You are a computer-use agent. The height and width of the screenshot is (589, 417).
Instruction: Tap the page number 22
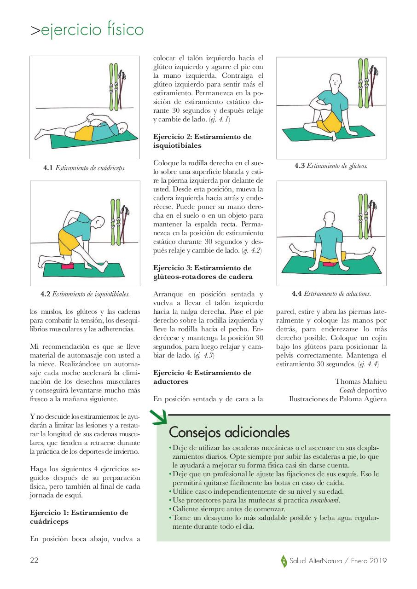coord(34,560)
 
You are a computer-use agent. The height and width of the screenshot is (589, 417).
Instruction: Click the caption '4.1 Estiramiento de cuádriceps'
coord(85,168)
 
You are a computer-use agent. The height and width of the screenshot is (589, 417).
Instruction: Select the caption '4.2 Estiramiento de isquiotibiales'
coord(85,294)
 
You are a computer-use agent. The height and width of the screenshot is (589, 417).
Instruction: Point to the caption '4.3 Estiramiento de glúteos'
coord(331,166)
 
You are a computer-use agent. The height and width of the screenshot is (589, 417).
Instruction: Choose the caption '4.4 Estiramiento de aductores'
coord(331,294)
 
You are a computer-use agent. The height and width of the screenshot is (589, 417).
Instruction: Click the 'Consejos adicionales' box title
coord(229,433)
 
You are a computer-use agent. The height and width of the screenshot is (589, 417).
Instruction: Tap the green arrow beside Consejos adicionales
coord(159,417)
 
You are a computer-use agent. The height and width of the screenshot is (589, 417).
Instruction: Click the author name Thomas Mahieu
coord(361,381)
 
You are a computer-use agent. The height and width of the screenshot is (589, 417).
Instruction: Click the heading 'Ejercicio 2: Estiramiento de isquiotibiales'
coord(202,141)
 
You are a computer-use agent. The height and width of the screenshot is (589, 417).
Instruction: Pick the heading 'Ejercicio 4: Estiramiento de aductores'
coord(202,377)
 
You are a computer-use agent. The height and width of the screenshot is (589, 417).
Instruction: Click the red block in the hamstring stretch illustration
coord(68,266)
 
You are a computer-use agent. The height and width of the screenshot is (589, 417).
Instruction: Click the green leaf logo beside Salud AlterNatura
coord(284,561)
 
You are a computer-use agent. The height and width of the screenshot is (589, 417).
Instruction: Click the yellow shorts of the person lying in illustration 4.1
coord(84,133)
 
